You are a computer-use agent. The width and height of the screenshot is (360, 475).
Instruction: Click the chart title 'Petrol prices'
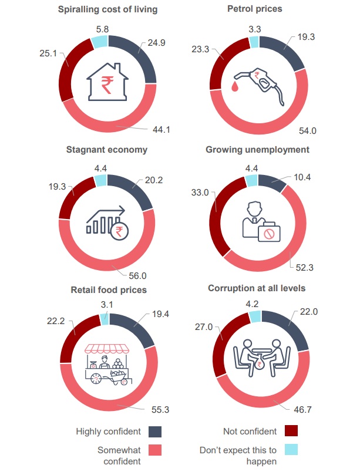[254, 9]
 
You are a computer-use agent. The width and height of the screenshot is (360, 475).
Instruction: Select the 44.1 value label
[162, 130]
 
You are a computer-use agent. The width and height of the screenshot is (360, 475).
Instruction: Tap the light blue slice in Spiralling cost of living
[100, 42]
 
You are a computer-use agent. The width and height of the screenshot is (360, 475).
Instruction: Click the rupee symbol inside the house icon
[107, 85]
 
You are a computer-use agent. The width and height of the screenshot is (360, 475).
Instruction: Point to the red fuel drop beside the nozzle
[235, 86]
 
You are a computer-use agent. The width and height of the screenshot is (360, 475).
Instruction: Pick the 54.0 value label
[307, 131]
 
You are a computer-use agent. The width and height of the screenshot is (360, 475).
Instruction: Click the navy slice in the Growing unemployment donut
[271, 182]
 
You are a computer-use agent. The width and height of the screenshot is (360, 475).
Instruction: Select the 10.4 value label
[302, 177]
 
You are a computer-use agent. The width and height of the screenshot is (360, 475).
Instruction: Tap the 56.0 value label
[137, 276]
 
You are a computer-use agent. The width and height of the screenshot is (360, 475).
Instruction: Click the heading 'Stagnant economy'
[107, 150]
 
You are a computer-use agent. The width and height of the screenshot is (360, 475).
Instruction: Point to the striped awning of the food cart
[106, 349]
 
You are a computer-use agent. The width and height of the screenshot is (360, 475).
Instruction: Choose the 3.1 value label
[107, 305]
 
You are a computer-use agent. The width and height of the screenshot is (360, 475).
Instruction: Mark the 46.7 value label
[302, 410]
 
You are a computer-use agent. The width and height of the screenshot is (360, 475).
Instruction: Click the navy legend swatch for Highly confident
[155, 432]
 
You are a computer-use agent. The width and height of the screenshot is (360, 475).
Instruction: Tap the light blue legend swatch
[291, 450]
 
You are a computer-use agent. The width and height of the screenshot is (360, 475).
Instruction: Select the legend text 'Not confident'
[250, 432]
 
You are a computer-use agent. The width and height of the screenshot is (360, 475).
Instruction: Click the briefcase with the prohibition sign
[269, 233]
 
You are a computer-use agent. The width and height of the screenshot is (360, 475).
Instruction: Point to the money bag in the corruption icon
[260, 364]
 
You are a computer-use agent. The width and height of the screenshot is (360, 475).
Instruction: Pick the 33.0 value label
[200, 193]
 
